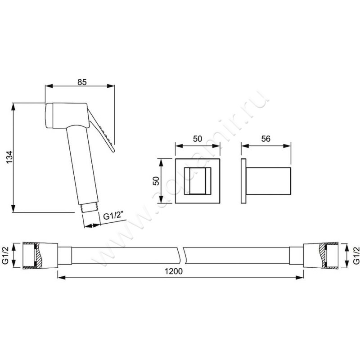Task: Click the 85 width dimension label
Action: tap(82, 82)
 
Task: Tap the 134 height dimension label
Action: tap(9, 157)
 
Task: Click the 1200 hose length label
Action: tap(174, 271)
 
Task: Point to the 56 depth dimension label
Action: tap(266, 139)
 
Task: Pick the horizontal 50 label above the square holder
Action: tap(198, 139)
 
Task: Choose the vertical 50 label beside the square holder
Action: tap(156, 181)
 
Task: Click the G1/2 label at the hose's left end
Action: tap(5, 255)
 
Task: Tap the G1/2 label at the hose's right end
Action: tap(356, 255)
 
